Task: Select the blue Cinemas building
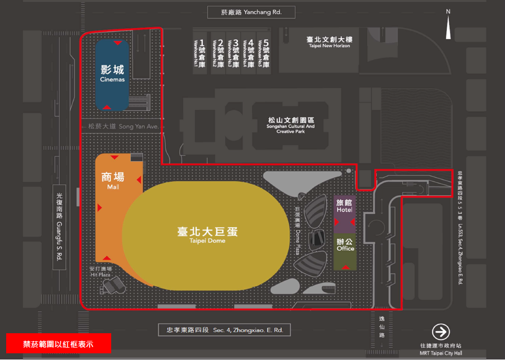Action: (x=112, y=75)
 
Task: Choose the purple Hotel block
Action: (x=344, y=213)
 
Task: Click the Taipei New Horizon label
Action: (x=329, y=42)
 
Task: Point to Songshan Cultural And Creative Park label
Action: (x=290, y=125)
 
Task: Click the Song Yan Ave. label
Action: (x=123, y=126)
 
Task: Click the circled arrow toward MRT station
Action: (x=441, y=332)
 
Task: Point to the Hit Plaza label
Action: (x=101, y=272)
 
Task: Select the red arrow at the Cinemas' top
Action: (x=118, y=43)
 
